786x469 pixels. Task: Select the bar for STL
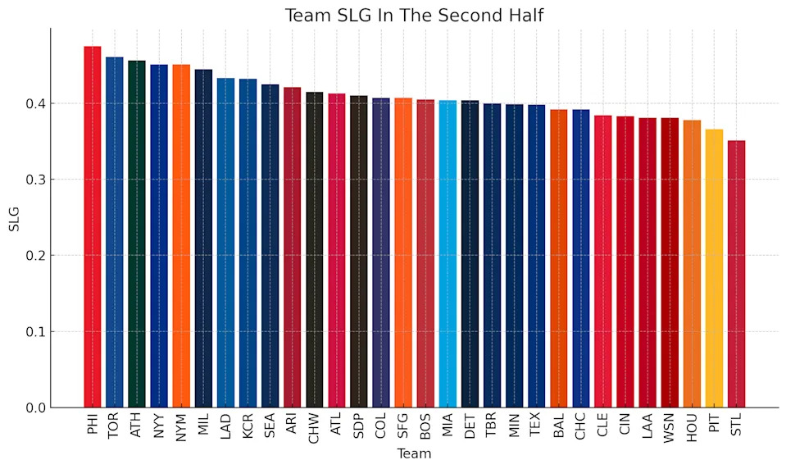[x=736, y=274]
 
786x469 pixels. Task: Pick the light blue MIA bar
[x=448, y=254]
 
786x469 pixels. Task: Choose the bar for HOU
[x=692, y=264]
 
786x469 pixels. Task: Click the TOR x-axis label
[x=115, y=428]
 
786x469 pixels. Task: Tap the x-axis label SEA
[x=270, y=428]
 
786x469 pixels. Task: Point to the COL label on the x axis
[x=381, y=428]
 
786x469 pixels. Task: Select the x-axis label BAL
[x=559, y=428]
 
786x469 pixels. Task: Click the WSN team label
[x=670, y=430]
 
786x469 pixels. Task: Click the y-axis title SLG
[x=14, y=218]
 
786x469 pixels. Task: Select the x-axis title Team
[x=414, y=453]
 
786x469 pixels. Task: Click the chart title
[x=414, y=16]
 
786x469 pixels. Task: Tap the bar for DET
[x=470, y=254]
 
